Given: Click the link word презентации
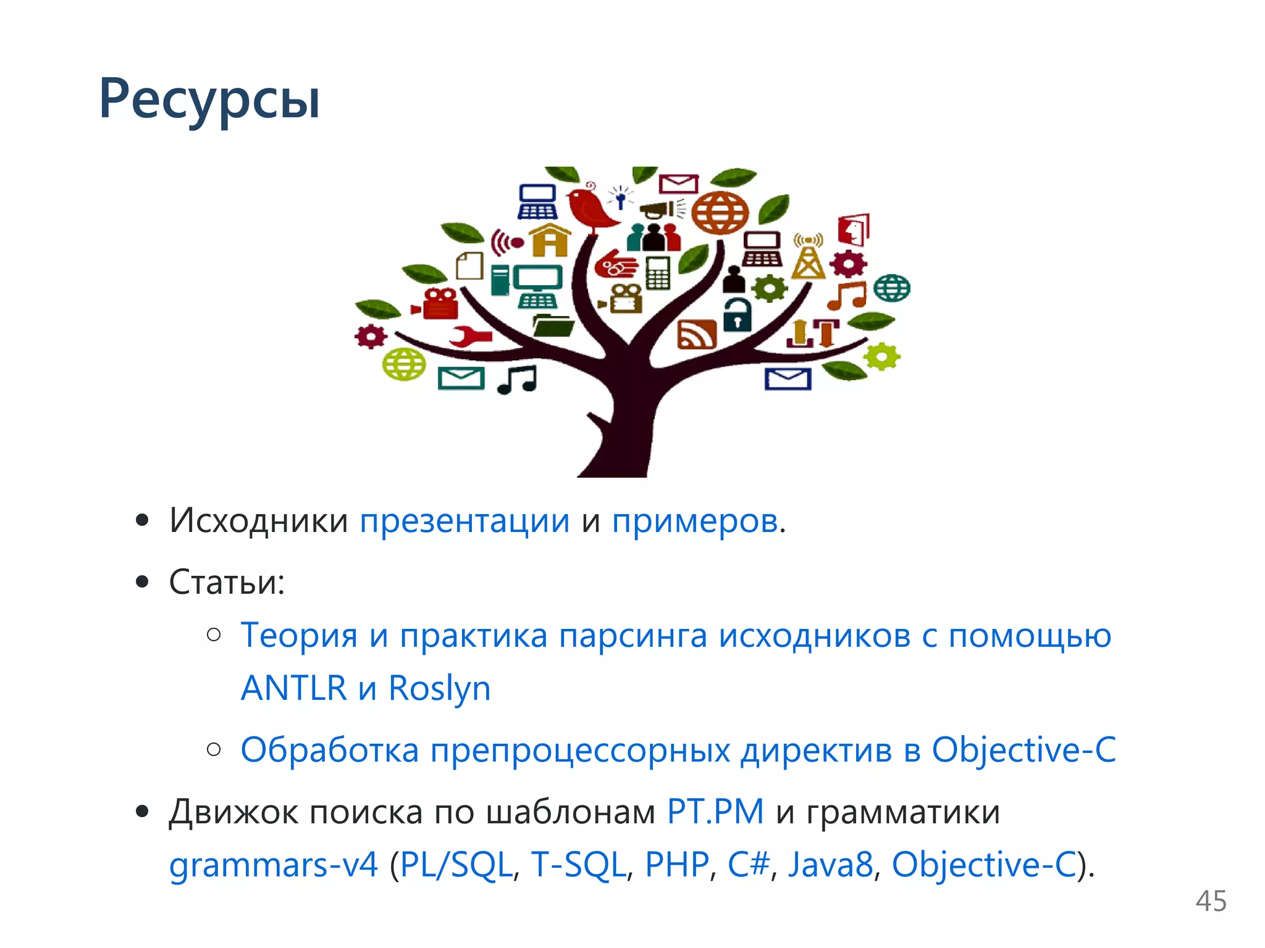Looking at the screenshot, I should click(464, 521).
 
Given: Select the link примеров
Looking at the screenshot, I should click(695, 521).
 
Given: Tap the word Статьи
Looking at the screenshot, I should click(225, 581).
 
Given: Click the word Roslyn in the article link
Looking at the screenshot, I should click(439, 688).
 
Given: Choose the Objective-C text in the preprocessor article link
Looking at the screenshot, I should click(1023, 750).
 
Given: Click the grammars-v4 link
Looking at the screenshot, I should click(273, 864).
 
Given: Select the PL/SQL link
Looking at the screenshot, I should click(456, 864).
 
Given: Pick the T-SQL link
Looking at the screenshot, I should click(578, 864).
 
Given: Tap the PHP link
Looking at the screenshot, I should click(676, 864).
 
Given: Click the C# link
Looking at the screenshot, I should click(749, 864).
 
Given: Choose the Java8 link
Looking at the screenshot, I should click(830, 864).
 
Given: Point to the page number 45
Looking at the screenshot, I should click(1211, 901).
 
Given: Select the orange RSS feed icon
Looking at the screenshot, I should click(697, 335).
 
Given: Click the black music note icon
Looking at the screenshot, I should click(518, 380).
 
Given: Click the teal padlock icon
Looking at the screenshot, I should click(737, 315).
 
